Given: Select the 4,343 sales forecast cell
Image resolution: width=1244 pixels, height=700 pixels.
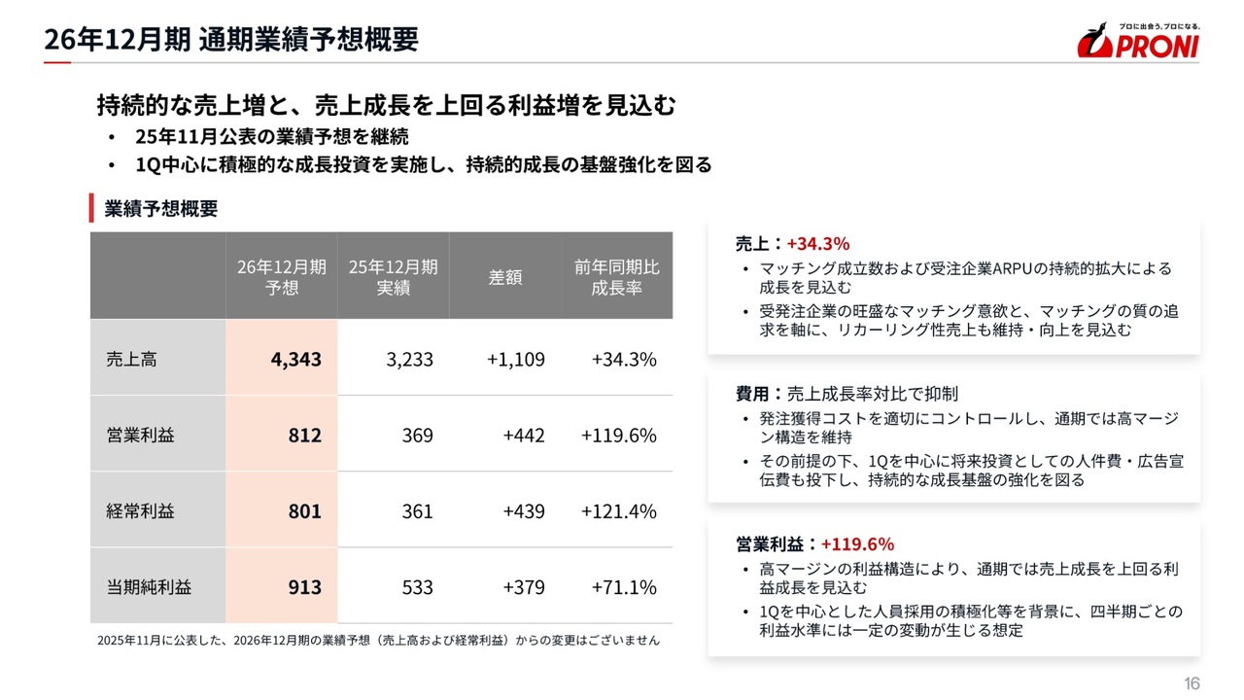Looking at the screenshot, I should pos(295,359).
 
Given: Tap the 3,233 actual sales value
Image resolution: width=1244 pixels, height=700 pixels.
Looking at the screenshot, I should pos(409,359).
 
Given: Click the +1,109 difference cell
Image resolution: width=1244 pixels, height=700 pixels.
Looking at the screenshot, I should pos(516,359).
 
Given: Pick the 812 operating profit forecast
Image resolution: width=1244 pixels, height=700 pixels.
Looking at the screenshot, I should pos(304,435).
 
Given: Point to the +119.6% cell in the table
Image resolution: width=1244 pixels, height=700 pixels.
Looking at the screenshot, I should pos(619,435).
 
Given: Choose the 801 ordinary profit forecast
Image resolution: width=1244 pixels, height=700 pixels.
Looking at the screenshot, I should pos(304,510).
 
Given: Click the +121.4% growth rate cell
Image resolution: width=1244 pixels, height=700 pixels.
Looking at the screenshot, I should pos(619,510).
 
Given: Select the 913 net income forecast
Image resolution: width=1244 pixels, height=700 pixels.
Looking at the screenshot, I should pos(304,587).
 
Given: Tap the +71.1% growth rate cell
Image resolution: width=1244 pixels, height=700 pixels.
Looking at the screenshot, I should pos(624,587).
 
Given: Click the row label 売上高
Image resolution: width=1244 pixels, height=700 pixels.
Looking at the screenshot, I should pos(131,359).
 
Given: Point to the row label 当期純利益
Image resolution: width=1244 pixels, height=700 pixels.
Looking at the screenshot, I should pos(149,587).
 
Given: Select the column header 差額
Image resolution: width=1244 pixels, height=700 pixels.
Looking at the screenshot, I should pos(505,277).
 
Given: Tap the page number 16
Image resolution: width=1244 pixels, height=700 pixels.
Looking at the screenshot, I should pos(1192,683).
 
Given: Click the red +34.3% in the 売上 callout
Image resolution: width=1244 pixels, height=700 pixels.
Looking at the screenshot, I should pos(818,243).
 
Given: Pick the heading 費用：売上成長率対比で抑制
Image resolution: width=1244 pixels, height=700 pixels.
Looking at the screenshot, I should pos(847,394).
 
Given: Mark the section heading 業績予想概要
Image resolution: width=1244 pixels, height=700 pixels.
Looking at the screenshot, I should pos(161,208).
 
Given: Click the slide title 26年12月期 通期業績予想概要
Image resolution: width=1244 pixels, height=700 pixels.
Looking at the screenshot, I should pos(231,39).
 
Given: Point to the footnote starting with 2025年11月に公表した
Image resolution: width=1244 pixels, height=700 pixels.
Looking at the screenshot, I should pos(378,641).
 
